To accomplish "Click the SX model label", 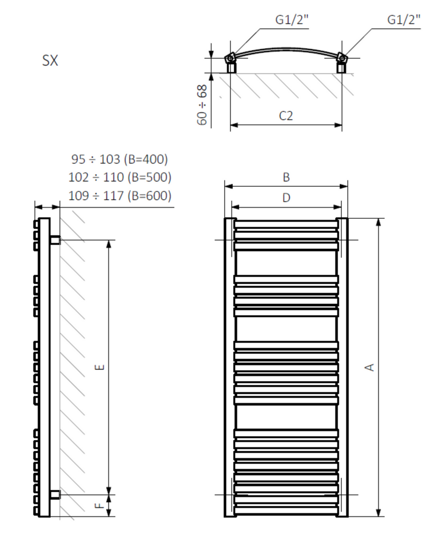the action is [50, 60].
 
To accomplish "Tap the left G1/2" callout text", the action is [292, 20].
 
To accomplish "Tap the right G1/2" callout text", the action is [404, 20].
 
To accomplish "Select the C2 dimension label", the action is [286, 116].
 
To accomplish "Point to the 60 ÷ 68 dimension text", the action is [203, 105].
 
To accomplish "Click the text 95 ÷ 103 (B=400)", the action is [120, 159].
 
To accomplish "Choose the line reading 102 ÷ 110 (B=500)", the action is [120, 177].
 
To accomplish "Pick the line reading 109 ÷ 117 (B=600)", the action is [120, 195].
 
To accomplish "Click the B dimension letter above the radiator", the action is [286, 177].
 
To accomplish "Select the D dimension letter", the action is [286, 198].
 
